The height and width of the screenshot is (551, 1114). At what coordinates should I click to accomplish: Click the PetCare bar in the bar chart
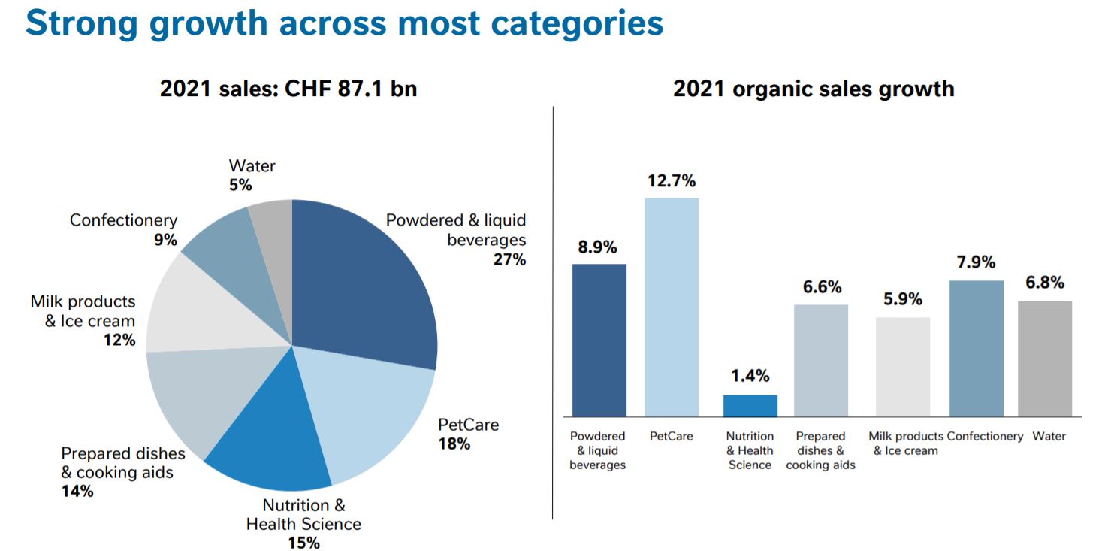(672, 307)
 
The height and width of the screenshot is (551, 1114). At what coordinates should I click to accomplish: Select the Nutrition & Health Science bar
(750, 405)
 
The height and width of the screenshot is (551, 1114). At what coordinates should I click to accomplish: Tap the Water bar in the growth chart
(1044, 359)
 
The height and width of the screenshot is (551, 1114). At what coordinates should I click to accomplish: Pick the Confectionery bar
(976, 348)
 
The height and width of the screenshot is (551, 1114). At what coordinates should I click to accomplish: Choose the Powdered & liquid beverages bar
(599, 340)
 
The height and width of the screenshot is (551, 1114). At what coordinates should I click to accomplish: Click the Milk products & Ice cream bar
(902, 367)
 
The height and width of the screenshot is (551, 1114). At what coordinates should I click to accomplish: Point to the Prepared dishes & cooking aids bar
(820, 360)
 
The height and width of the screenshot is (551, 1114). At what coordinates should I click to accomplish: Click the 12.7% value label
(672, 181)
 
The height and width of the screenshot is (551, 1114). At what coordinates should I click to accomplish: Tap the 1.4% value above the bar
(750, 377)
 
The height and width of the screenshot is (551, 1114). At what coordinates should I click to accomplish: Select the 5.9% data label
(902, 299)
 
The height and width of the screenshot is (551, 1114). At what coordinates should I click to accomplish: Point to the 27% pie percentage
(511, 259)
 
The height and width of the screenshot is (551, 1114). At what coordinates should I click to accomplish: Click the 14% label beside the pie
(77, 492)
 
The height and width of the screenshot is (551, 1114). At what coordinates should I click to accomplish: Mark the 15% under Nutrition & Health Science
(303, 542)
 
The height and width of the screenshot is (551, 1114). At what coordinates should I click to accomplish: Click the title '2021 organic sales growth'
(813, 89)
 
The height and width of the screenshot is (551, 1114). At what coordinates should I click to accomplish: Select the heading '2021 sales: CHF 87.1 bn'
(288, 89)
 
